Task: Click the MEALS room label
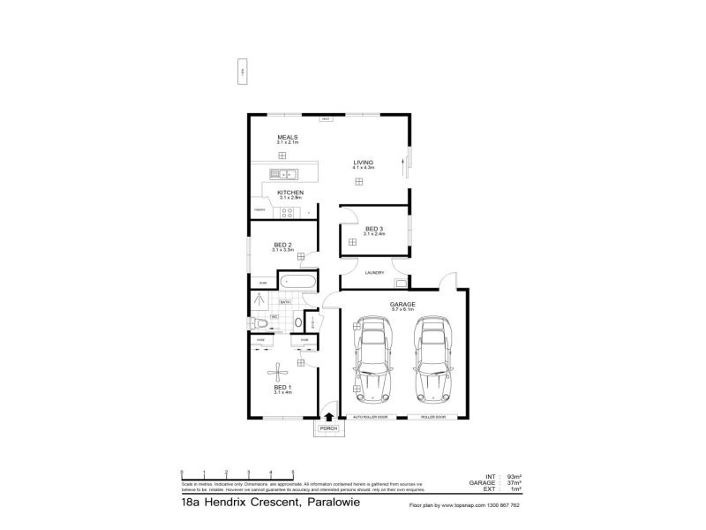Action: pos(288,138)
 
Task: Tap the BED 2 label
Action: pos(282,245)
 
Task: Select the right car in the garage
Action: pos(432,360)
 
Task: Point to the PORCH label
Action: pos(328,428)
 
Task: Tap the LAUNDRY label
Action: pos(374,273)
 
